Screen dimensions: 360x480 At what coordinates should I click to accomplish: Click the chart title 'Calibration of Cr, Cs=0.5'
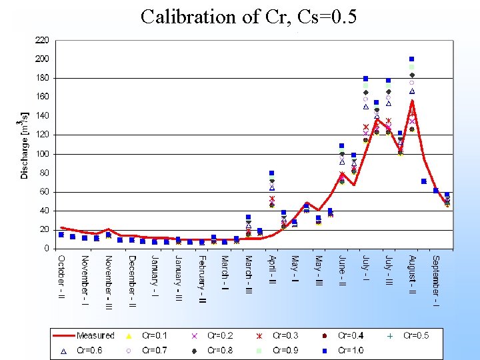(249, 17)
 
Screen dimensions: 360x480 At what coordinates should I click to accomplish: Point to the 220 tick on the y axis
(41, 40)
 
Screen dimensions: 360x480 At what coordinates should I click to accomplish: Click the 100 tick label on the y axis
(41, 153)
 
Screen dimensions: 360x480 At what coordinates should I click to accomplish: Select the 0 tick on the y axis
(46, 248)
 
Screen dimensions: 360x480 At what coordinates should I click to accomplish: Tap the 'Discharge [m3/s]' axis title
(25, 145)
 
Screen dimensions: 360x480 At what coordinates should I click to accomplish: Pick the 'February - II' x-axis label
(202, 280)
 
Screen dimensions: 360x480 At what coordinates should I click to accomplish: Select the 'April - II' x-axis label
(272, 273)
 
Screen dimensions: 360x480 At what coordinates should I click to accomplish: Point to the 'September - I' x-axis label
(435, 280)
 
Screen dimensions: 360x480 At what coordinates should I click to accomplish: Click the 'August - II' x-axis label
(412, 276)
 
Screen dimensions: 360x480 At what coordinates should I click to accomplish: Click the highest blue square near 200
(412, 59)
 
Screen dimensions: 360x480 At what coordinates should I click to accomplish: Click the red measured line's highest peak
(413, 101)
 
